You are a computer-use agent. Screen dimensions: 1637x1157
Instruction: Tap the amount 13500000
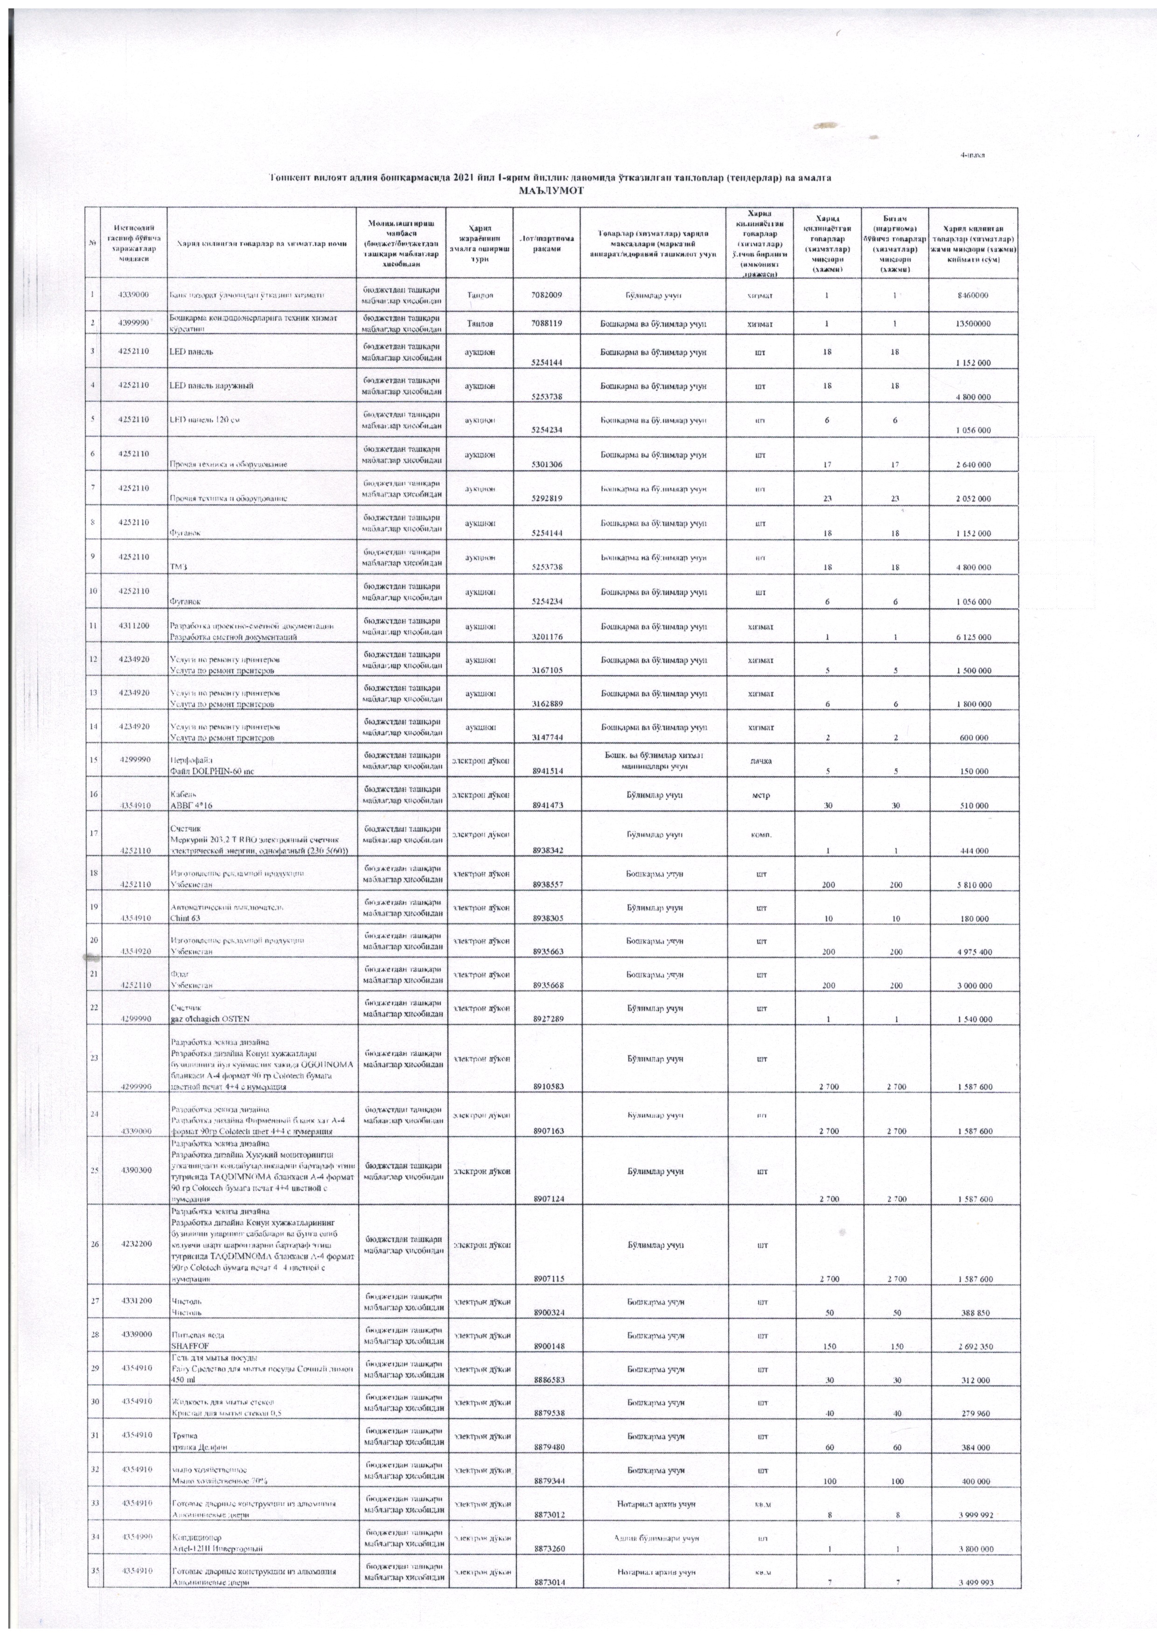click(x=973, y=324)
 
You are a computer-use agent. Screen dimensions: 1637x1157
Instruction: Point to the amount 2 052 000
click(x=973, y=499)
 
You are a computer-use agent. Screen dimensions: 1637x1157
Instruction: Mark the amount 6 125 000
click(x=973, y=638)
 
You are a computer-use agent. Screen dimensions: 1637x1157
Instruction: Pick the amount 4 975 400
click(x=973, y=952)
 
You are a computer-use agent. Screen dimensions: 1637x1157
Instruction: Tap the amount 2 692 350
click(x=973, y=1347)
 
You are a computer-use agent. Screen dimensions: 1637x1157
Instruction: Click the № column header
click(x=93, y=242)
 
